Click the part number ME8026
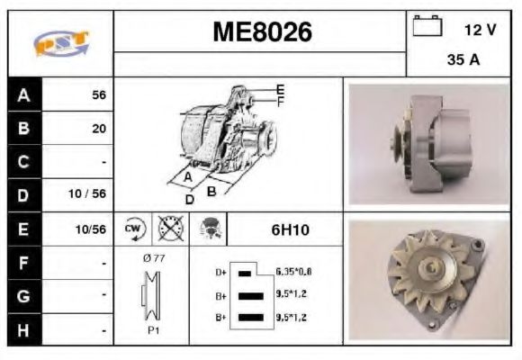point(262,33)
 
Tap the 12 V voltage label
point(480,30)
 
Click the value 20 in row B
point(99,129)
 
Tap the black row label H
point(24,328)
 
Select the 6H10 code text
point(290,229)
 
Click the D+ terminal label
point(219,271)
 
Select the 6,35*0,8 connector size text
point(293,271)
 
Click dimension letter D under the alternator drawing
point(190,198)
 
